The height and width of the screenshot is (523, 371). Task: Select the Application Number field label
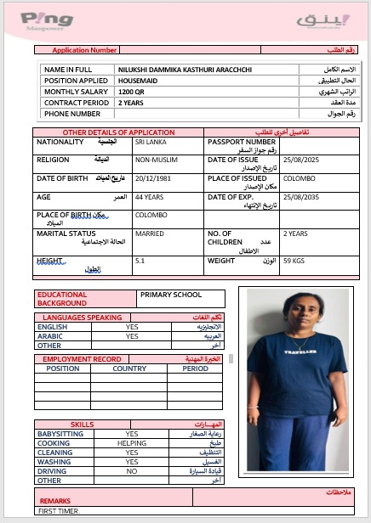tap(84, 50)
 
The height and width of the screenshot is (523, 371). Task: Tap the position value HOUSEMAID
tap(137, 80)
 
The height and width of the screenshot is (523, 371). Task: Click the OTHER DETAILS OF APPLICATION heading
tap(118, 132)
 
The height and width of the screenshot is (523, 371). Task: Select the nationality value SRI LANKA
tap(151, 143)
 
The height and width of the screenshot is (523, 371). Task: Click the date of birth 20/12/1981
tap(153, 178)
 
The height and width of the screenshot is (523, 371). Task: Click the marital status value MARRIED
tap(150, 233)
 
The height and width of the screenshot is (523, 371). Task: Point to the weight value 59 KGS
tap(294, 261)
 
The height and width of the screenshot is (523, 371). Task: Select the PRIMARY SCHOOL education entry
tap(171, 295)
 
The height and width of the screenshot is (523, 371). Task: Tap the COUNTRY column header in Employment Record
tap(129, 368)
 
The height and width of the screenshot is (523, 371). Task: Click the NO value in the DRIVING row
tap(132, 470)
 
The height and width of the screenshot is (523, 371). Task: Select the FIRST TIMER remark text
tap(59, 512)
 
